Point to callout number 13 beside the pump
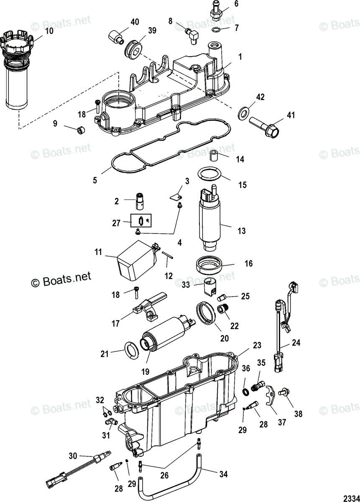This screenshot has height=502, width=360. click(x=241, y=231)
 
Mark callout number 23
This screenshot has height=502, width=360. click(x=256, y=345)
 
